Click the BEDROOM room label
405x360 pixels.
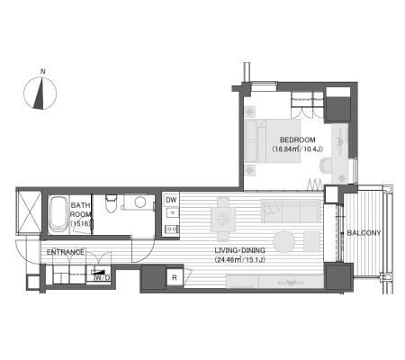click(297, 139)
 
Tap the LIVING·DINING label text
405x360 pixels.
click(239, 250)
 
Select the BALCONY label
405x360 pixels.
click(364, 233)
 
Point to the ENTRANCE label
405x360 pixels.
click(66, 252)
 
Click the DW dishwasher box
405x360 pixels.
click(171, 200)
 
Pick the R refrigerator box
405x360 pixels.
click(175, 278)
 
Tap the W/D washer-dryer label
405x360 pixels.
click(102, 278)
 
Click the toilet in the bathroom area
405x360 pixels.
click(111, 203)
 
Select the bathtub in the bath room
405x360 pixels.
click(58, 214)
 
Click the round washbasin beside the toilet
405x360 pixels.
click(140, 202)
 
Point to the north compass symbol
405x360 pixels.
click(40, 93)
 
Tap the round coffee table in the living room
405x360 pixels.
click(283, 241)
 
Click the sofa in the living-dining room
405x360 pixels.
click(291, 211)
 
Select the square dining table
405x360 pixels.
click(222, 220)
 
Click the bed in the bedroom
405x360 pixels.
click(273, 141)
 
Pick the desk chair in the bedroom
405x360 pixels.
click(326, 166)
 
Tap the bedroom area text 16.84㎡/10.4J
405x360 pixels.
click(297, 149)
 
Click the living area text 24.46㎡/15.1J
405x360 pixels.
click(239, 260)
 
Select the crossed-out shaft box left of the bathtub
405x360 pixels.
click(29, 212)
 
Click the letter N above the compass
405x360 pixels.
click(43, 71)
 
